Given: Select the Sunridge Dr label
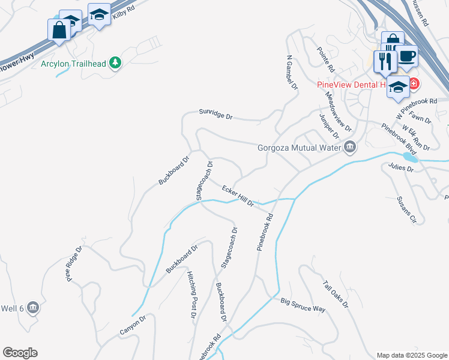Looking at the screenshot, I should (215, 114).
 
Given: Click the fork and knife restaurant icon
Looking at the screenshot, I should (384, 61).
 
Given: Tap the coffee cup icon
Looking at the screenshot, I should (407, 55).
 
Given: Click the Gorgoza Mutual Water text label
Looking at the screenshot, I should (299, 148).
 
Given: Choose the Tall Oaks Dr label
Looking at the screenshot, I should (336, 294).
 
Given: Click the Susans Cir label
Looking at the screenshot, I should (406, 210).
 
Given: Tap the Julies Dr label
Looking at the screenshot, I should (401, 167).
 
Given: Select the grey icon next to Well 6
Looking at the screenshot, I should (33, 308).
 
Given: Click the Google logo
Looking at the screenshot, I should (20, 353).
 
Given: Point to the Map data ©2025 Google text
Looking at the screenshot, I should (411, 355).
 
